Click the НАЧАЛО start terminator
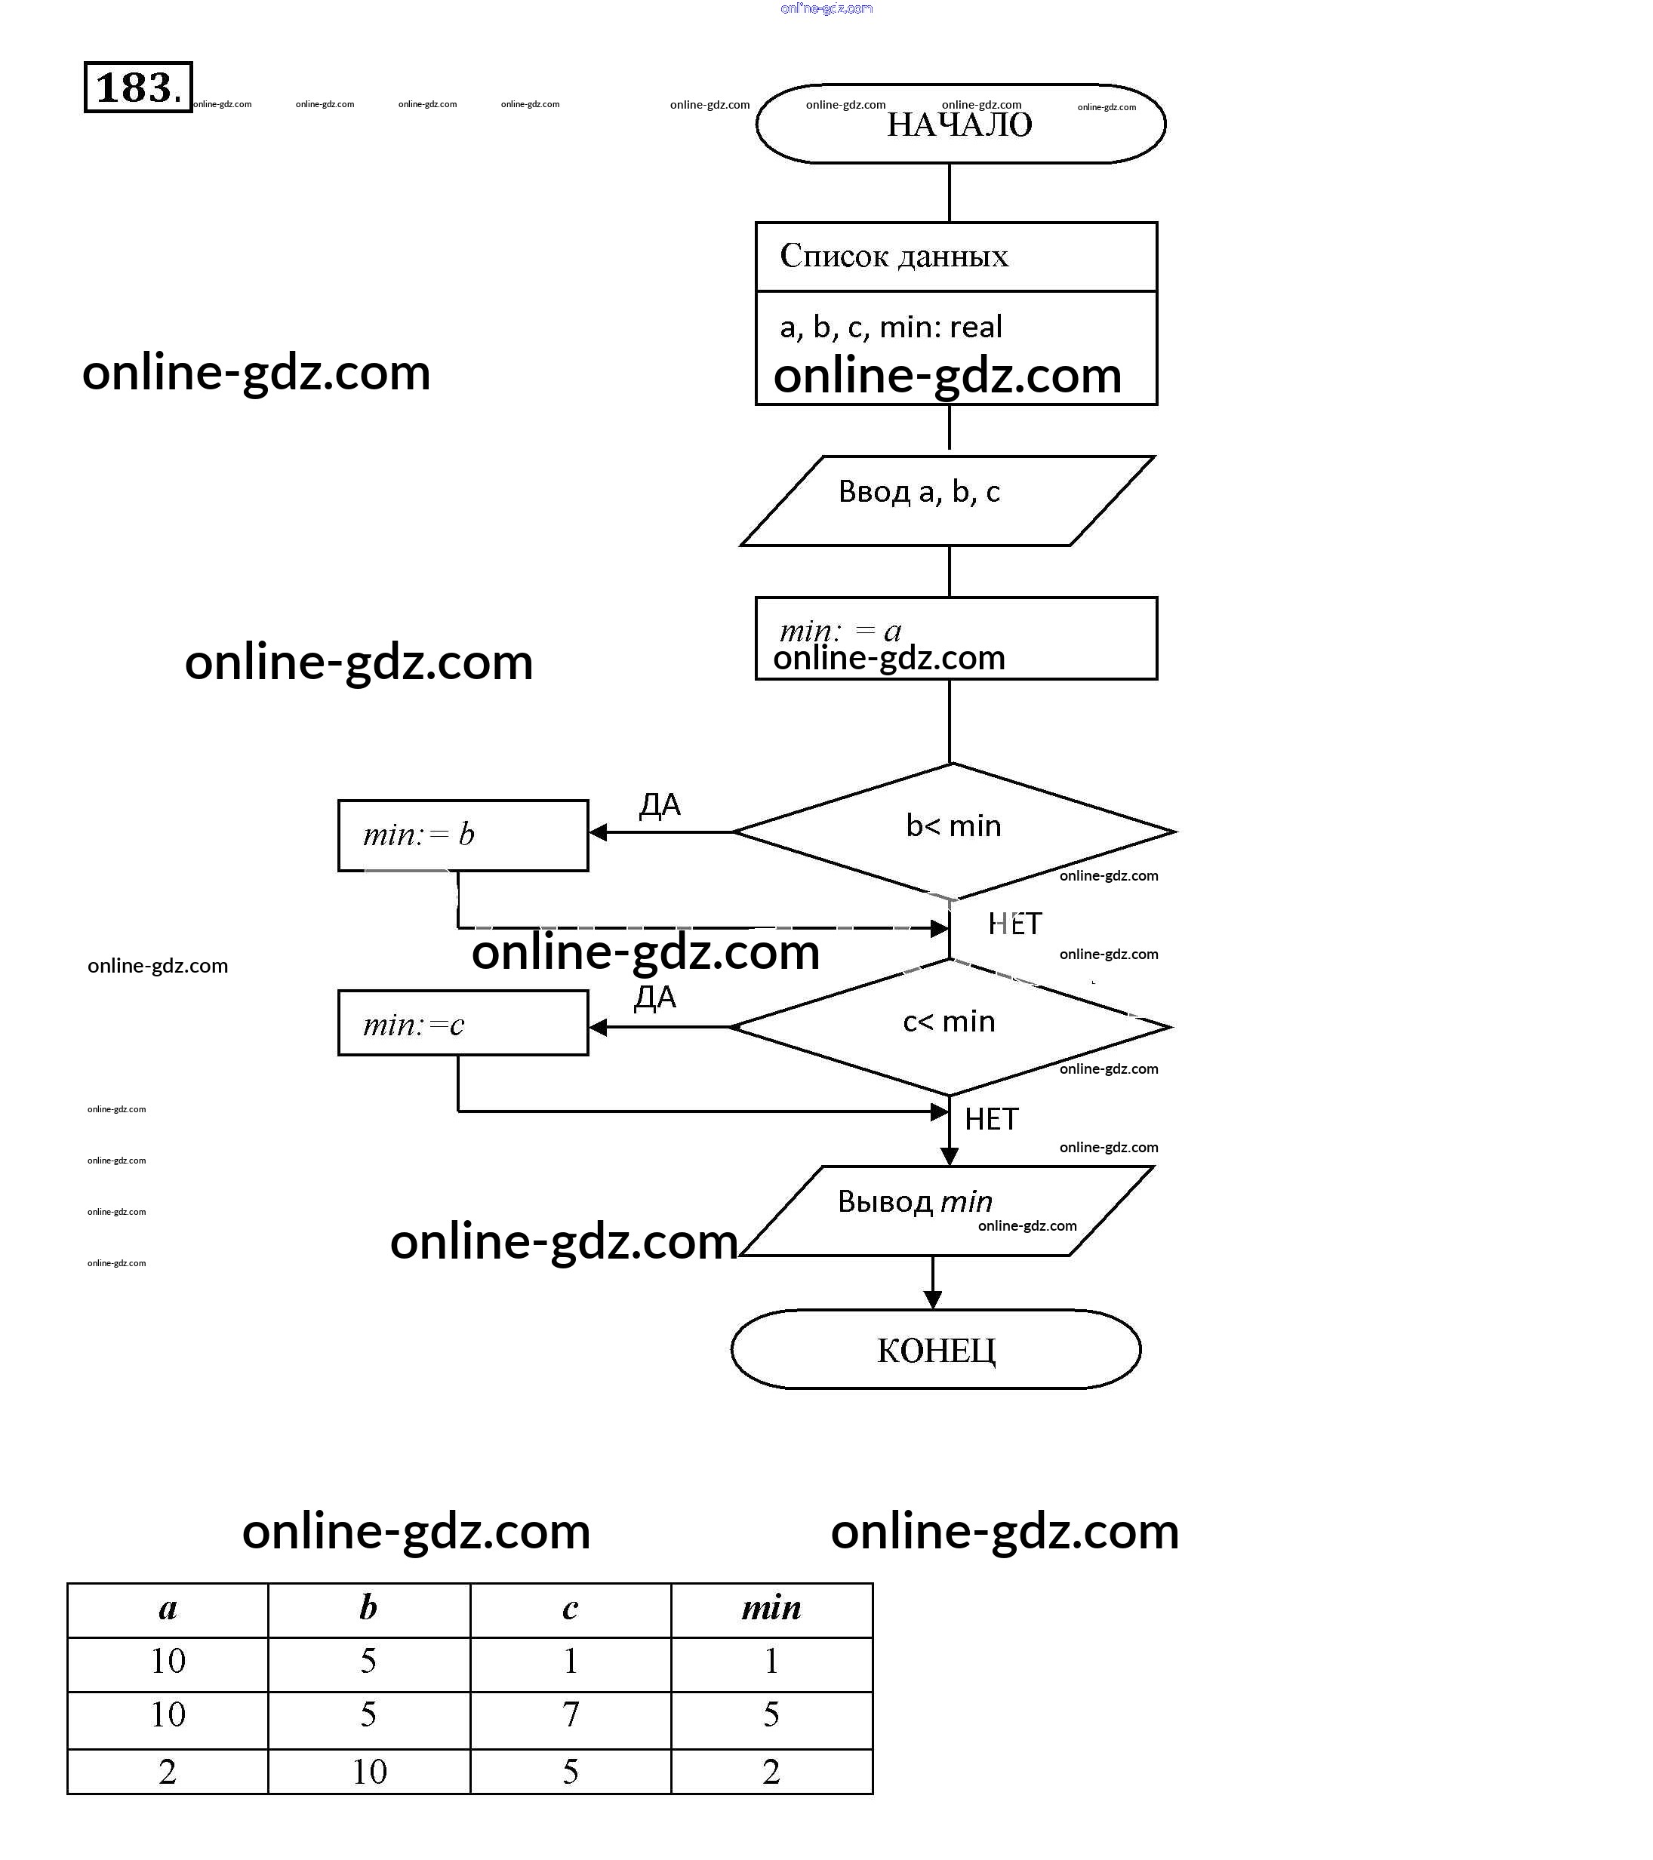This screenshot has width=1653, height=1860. click(960, 125)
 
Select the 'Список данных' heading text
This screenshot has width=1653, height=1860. click(894, 257)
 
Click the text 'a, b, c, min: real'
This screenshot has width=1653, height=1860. click(890, 327)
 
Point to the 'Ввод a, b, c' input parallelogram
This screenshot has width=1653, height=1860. click(947, 500)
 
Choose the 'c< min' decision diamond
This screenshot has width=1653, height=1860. click(950, 1026)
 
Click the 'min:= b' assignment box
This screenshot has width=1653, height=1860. click(463, 835)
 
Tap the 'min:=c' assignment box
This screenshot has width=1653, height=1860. click(463, 1024)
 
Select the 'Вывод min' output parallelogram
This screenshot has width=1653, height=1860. click(947, 1210)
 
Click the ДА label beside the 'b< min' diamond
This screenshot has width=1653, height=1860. click(660, 805)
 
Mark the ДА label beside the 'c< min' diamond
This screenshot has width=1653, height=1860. click(655, 998)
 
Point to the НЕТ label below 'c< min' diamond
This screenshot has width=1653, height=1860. click(991, 1119)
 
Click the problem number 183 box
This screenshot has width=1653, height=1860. click(138, 88)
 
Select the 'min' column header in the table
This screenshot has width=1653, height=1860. click(771, 1608)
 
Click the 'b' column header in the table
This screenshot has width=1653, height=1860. click(368, 1608)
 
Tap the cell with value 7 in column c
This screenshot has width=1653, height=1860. click(571, 1714)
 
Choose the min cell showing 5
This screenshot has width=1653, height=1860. click(771, 1714)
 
